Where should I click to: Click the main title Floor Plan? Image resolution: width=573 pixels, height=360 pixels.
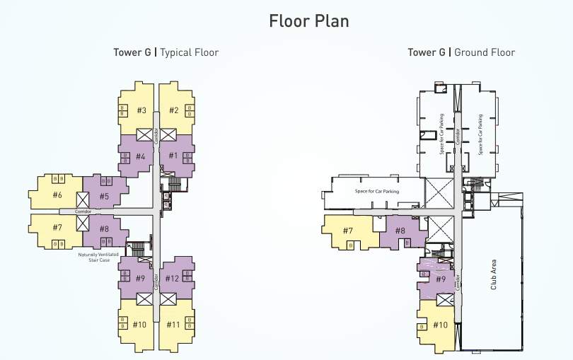click(x=309, y=21)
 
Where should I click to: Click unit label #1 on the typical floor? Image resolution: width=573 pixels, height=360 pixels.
click(x=173, y=155)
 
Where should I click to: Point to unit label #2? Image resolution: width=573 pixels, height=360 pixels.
click(x=173, y=110)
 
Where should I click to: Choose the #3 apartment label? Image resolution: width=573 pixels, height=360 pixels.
click(x=141, y=110)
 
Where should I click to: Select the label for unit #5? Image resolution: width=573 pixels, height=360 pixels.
click(x=104, y=196)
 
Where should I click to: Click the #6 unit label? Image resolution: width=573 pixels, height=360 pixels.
click(x=57, y=195)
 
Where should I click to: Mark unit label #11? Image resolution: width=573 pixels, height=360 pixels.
click(x=173, y=325)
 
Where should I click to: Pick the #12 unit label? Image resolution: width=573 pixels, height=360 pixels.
click(x=173, y=278)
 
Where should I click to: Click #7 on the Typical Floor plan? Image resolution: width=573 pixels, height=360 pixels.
click(x=57, y=228)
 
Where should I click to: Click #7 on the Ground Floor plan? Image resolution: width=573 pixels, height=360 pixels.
click(x=347, y=231)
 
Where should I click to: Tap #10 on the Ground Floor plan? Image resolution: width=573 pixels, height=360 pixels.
click(x=440, y=325)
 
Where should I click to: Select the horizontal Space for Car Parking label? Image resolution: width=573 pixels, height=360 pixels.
click(x=376, y=192)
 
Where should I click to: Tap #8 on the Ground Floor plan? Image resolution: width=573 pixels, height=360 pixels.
click(x=400, y=231)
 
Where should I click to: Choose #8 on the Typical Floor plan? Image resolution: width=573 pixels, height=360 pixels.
click(x=104, y=228)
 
